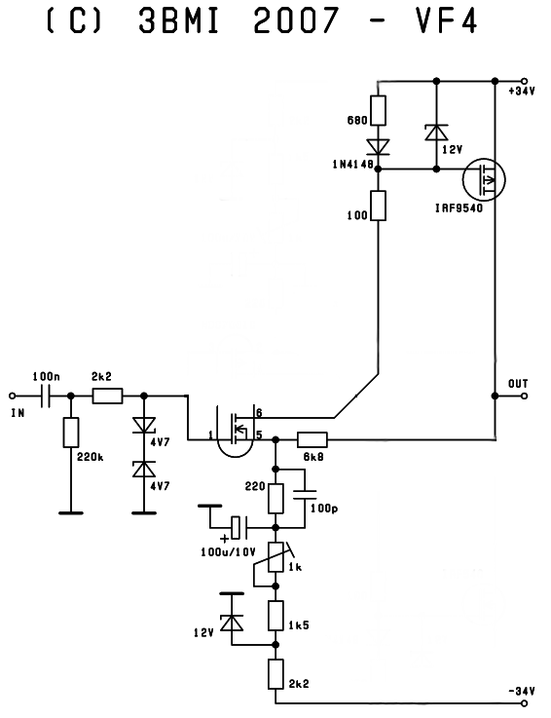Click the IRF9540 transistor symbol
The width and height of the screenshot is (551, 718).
pos(484,179)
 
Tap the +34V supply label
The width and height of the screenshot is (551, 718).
pos(521,92)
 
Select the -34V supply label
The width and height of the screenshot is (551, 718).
pos(521,691)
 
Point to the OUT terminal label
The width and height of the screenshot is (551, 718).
pos(518,383)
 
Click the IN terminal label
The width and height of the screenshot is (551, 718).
pos(18,413)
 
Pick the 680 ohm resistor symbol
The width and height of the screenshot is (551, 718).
pos(378,110)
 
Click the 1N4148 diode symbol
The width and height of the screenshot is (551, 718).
pos(378,147)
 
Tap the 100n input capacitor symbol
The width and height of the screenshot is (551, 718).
pos(45,396)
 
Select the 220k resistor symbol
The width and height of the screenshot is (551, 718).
pos(71,433)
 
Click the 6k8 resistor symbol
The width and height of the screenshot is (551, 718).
pos(312,439)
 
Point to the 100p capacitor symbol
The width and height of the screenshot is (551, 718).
pos(305,495)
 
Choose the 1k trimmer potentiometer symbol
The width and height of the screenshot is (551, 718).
pos(275,557)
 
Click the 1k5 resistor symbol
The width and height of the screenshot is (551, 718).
pos(275,616)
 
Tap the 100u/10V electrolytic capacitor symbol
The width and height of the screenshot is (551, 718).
pos(239,527)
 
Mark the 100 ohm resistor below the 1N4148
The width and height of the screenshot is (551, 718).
pos(378,206)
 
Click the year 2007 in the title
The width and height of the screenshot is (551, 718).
pos(296,20)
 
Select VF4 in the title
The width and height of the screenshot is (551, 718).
pos(446,20)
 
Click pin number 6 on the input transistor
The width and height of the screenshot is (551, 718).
pos(259,412)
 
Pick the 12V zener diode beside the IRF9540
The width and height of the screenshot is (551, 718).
pos(436,132)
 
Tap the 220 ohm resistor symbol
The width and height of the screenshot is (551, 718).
pos(275,498)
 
